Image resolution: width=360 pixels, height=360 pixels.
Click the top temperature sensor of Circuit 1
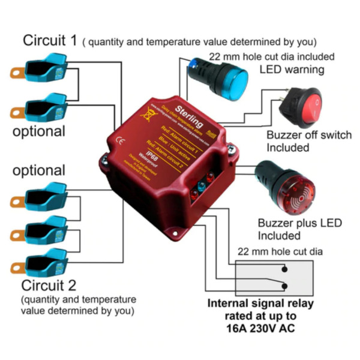[41, 67]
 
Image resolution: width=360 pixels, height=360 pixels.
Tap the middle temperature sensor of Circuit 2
[41, 232]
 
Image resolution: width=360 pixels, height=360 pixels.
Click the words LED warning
[292, 70]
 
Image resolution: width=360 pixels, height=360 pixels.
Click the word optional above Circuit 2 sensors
[39, 170]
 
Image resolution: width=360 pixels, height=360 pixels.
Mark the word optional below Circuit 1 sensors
[39, 131]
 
